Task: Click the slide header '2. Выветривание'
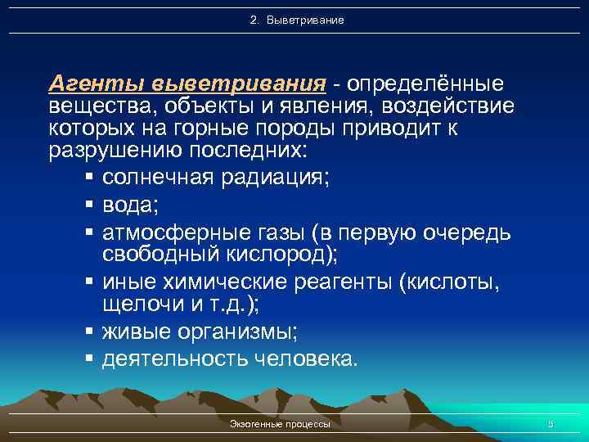pos(297,19)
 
